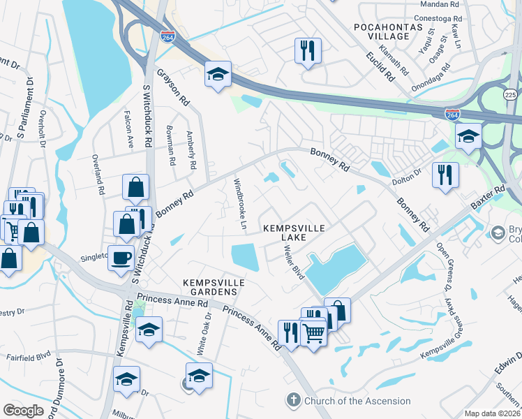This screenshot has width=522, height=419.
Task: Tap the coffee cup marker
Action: coord(121,258)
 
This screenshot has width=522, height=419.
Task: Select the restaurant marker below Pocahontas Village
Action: coord(307,50)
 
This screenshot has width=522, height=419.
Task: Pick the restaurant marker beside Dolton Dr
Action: coord(445,174)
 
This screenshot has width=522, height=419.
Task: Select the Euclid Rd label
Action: coord(378,65)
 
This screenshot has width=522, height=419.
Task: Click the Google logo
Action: coord(23,411)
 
